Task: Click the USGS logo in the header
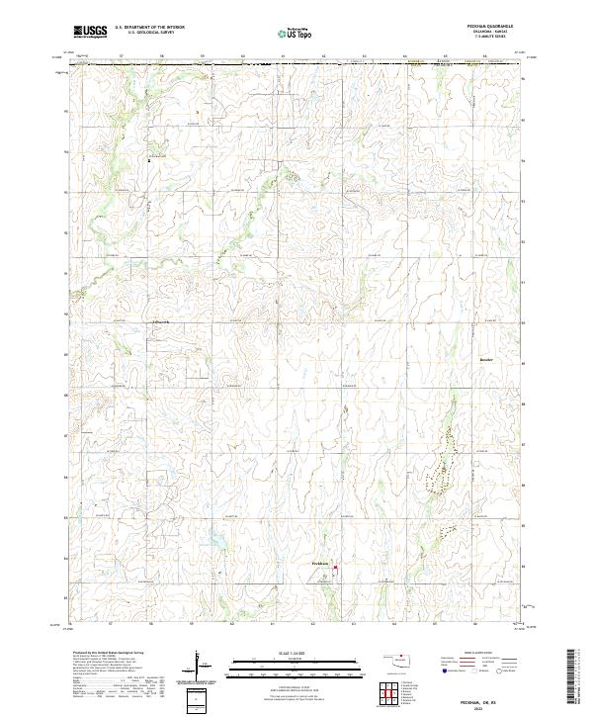point(91,31)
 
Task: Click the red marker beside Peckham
point(335,568)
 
